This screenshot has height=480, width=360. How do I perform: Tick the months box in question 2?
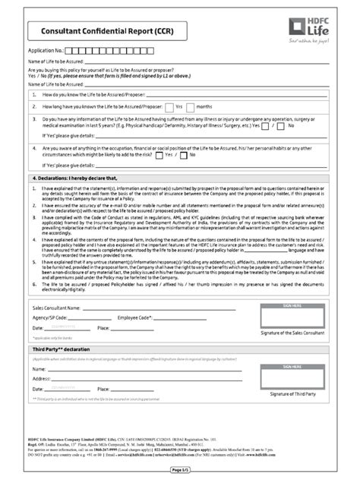[x=194, y=106]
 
